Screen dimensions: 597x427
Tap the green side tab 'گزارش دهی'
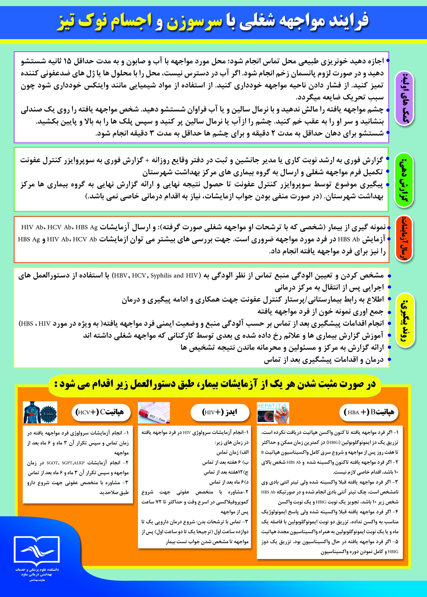click(404, 179)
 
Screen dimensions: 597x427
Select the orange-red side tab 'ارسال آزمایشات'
click(404, 239)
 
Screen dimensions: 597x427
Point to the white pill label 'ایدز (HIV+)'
click(219, 412)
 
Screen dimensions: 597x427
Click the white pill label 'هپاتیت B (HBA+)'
click(369, 412)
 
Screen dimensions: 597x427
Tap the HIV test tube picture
click(154, 413)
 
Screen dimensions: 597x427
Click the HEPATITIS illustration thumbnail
click(273, 413)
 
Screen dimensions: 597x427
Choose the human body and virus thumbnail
click(40, 412)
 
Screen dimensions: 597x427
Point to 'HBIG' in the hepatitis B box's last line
click(393, 552)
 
